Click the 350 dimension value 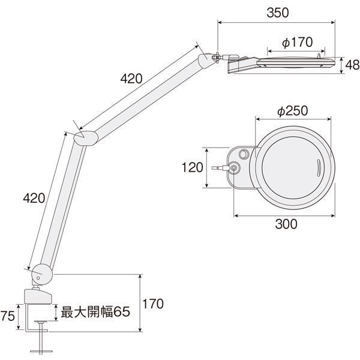click(x=278, y=13)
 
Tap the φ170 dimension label click(x=298, y=42)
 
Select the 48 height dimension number click(x=352, y=65)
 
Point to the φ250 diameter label click(x=293, y=111)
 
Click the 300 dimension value click(x=286, y=224)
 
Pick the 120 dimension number click(x=193, y=167)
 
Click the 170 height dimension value click(x=153, y=304)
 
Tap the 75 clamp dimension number click(x=8, y=316)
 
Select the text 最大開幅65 click(x=95, y=311)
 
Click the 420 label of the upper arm click(x=131, y=79)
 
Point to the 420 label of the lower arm click(x=34, y=198)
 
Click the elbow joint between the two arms click(x=86, y=138)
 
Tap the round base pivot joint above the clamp click(x=42, y=275)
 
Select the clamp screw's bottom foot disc click(x=41, y=351)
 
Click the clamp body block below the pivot click(x=38, y=297)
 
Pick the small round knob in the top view click(x=244, y=154)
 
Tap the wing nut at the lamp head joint click(x=216, y=57)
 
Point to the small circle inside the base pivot click(x=38, y=278)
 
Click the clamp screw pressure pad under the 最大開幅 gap click(x=41, y=322)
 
